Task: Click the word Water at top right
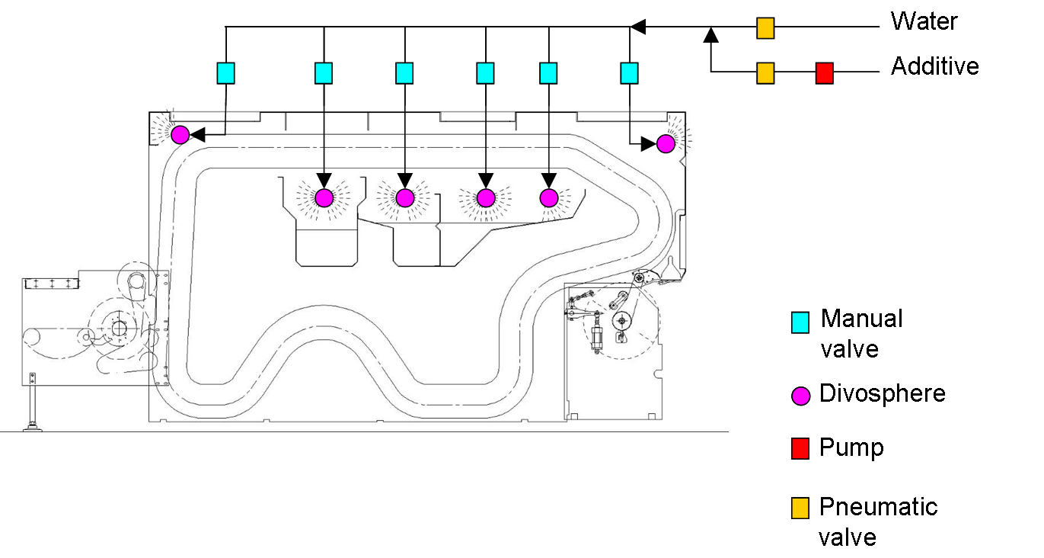point(924,21)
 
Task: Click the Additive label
point(934,66)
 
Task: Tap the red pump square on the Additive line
point(824,73)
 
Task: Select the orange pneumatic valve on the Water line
point(765,29)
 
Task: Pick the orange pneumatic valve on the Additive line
point(765,73)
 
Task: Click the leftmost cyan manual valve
point(225,73)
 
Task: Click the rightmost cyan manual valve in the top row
point(629,73)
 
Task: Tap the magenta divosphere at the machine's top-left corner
point(180,135)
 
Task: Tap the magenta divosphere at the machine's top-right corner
point(666,143)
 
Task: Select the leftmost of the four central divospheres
point(324,197)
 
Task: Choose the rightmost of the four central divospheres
point(549,197)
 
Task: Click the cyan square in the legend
point(800,322)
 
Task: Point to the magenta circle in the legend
point(800,396)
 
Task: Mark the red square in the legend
point(800,450)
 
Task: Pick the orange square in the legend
point(800,508)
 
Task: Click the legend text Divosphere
point(882,394)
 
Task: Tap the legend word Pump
point(851,447)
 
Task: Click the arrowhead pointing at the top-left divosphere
point(196,135)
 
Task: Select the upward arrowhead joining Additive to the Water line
point(710,34)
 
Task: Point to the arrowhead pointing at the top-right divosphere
point(650,143)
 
